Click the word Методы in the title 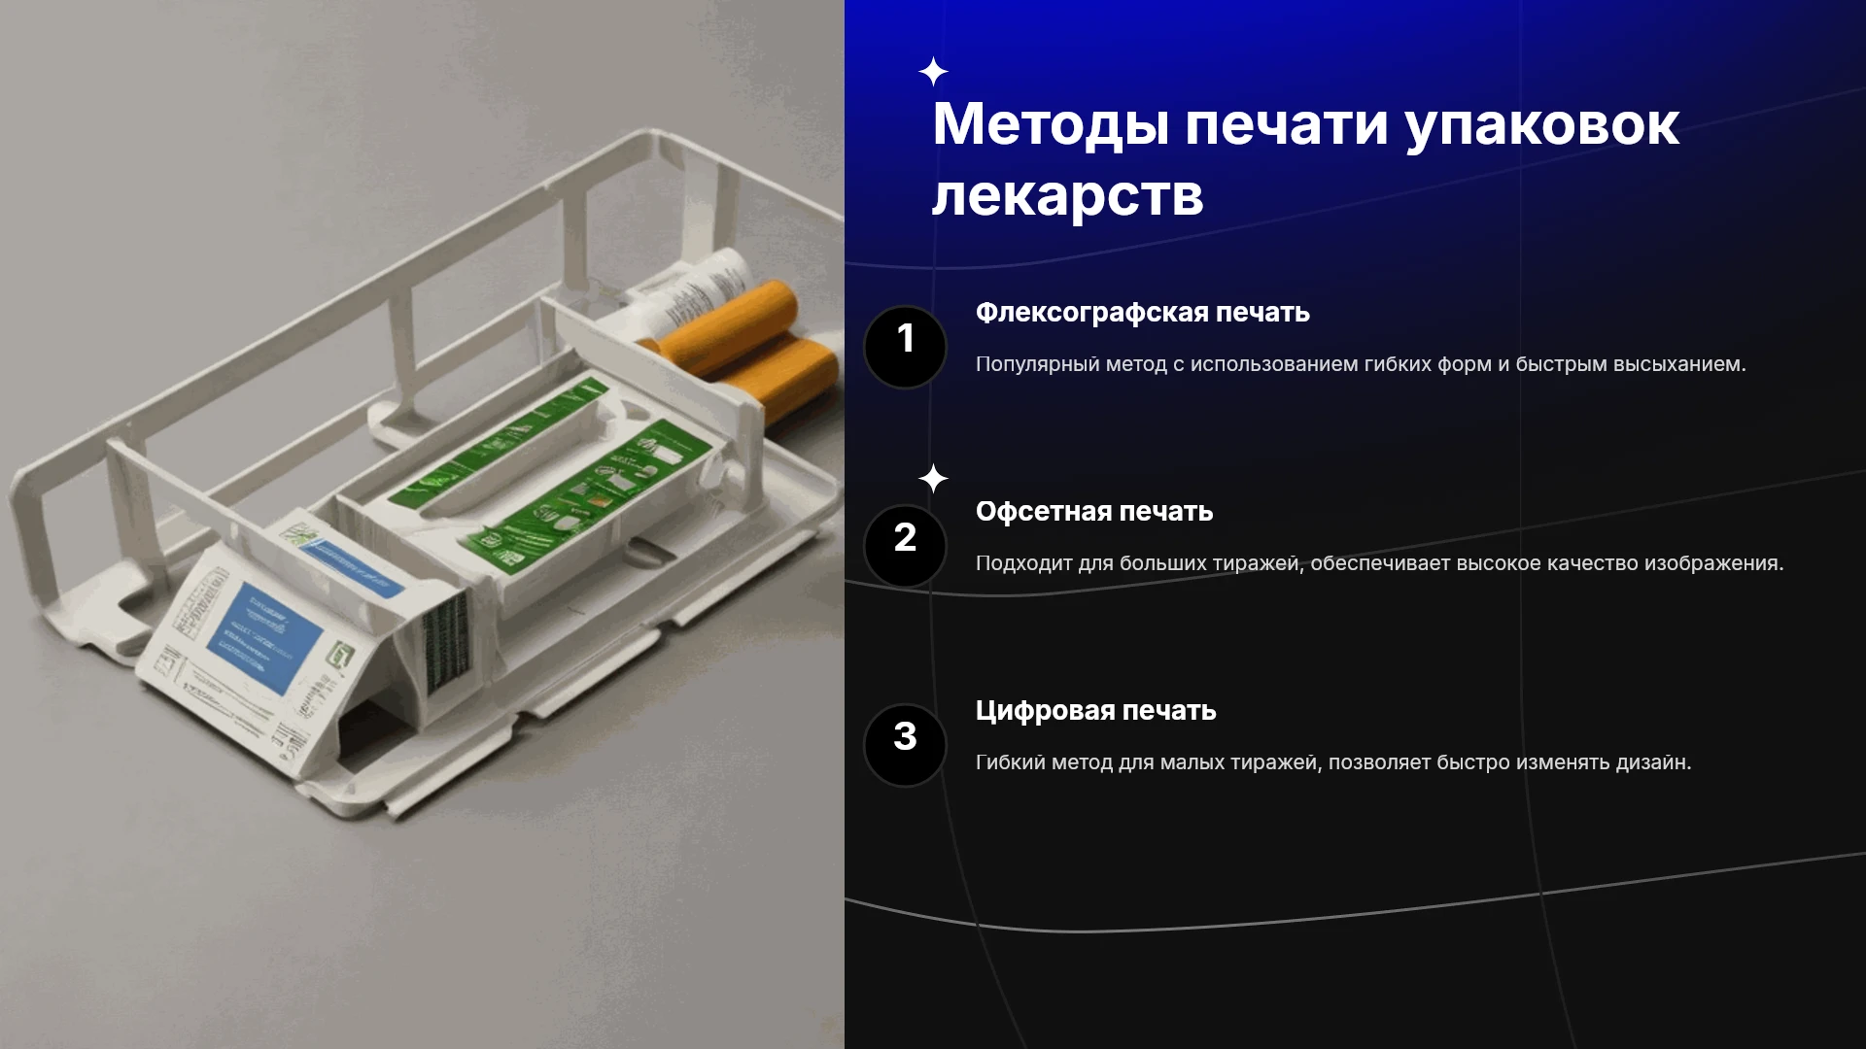click(x=1051, y=124)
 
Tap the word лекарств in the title click(x=1068, y=195)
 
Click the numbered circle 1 click(x=905, y=347)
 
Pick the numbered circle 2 click(x=905, y=546)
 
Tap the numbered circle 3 click(x=905, y=745)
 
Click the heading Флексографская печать click(x=1143, y=313)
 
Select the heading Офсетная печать click(x=1094, y=511)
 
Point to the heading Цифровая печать click(x=1096, y=711)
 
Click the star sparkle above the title click(x=933, y=72)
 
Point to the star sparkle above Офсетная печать click(x=933, y=479)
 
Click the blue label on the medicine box click(x=265, y=637)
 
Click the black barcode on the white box click(x=446, y=641)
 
